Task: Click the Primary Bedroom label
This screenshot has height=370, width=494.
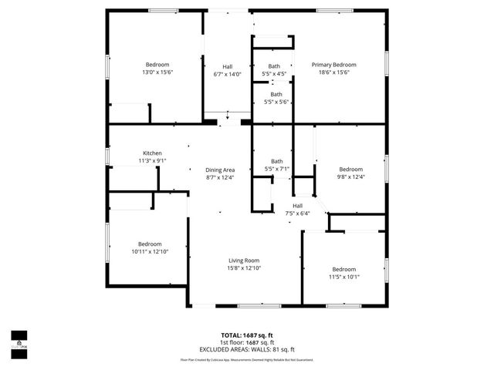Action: [334, 65]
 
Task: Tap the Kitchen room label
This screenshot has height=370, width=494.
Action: [152, 153]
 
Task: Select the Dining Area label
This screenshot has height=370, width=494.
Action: [220, 170]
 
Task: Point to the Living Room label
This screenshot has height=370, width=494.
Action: [243, 261]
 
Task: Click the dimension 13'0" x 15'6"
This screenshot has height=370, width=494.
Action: [157, 72]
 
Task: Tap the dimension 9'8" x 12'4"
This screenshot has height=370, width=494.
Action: [351, 177]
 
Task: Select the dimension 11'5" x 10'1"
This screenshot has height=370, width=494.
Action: [344, 277]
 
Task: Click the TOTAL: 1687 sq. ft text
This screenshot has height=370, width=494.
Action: [247, 335]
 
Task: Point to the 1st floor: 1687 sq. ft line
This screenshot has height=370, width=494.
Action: [247, 342]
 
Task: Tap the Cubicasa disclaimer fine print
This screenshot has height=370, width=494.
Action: [247, 358]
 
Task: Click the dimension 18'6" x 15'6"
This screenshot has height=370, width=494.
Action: [334, 72]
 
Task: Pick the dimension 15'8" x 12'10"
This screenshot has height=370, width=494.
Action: [243, 268]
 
